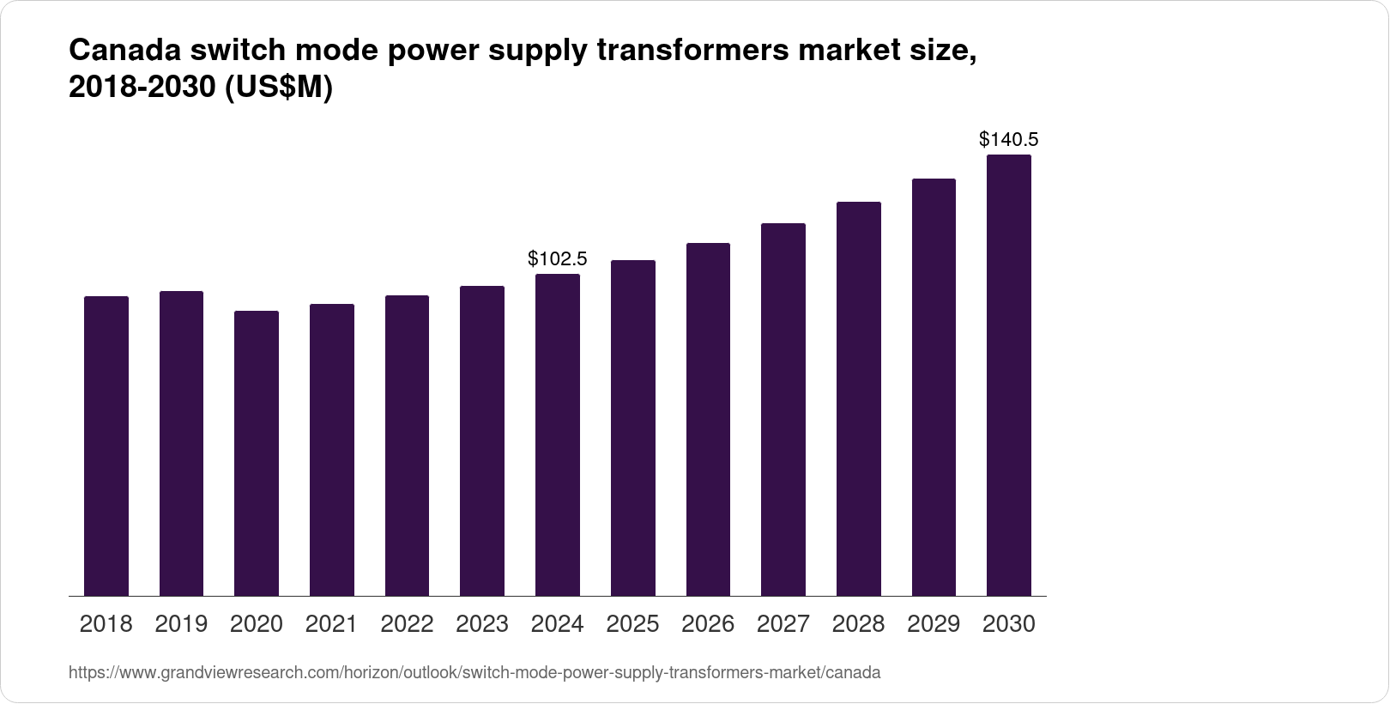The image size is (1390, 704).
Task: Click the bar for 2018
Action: (x=106, y=446)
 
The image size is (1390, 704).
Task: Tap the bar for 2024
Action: (x=558, y=435)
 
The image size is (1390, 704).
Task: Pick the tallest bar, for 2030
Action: (x=1009, y=375)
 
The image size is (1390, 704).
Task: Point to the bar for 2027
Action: (x=783, y=410)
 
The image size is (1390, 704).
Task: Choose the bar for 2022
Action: (x=407, y=446)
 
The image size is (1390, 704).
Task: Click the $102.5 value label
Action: (x=558, y=258)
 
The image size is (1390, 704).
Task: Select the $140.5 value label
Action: (x=1009, y=139)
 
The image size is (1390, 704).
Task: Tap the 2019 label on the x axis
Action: (x=181, y=624)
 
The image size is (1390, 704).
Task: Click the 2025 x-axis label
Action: (x=632, y=624)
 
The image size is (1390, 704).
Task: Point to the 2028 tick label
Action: (x=858, y=624)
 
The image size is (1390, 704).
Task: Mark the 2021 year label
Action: (x=331, y=624)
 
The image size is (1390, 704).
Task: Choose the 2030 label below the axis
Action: (x=1009, y=624)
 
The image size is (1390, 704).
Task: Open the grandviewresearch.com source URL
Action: (x=474, y=673)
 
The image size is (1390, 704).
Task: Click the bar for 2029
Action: (x=934, y=387)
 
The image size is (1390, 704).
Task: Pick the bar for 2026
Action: (x=708, y=420)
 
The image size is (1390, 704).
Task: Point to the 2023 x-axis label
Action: (x=482, y=624)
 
